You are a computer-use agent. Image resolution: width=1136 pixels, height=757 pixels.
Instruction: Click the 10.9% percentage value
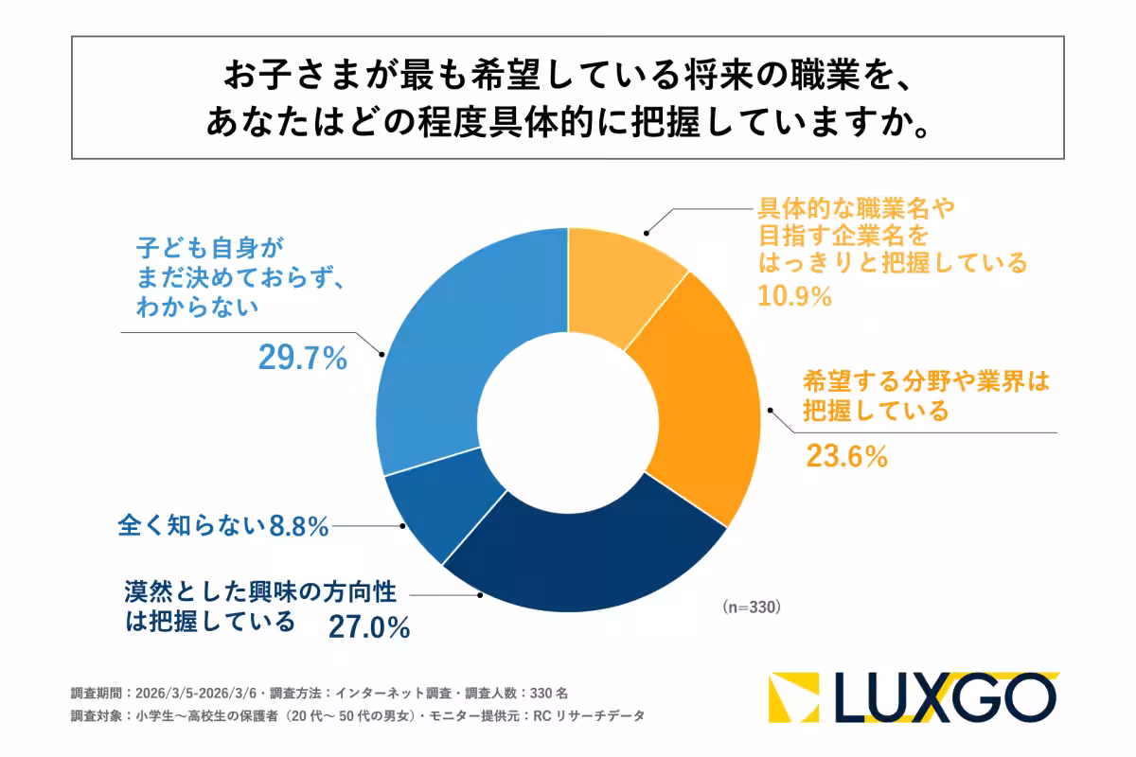pyautogui.click(x=794, y=296)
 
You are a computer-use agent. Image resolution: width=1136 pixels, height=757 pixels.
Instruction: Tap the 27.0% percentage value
pyautogui.click(x=368, y=626)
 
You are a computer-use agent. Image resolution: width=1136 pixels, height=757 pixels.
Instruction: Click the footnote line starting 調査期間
pyautogui.click(x=319, y=693)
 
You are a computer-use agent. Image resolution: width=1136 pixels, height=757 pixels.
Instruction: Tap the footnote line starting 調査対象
pyautogui.click(x=357, y=716)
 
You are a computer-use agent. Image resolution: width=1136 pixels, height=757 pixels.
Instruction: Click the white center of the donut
pyautogui.click(x=567, y=420)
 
